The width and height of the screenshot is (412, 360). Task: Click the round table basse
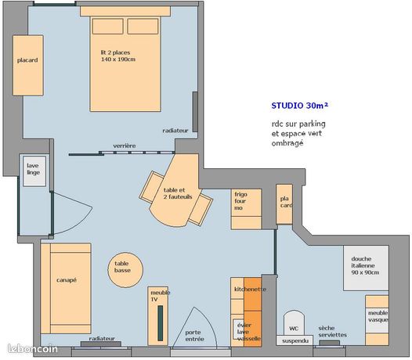click(x=125, y=270)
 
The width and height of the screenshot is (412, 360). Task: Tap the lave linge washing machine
click(x=34, y=171)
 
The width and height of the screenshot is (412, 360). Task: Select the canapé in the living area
click(x=66, y=288)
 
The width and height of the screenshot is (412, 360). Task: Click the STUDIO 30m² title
click(x=300, y=106)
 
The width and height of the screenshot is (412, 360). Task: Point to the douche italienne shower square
click(x=366, y=268)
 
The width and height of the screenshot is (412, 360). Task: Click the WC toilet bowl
click(x=294, y=323)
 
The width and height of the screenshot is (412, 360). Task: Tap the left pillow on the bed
click(x=108, y=26)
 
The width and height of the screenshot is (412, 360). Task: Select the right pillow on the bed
click(x=143, y=26)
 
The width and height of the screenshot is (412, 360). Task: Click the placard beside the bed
click(x=28, y=66)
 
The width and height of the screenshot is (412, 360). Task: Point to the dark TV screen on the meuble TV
click(x=160, y=323)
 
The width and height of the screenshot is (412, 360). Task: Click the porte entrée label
click(x=194, y=336)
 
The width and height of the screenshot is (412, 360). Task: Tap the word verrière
click(x=125, y=146)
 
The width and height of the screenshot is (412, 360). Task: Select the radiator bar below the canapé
click(x=101, y=344)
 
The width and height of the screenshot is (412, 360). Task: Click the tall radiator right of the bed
click(x=195, y=112)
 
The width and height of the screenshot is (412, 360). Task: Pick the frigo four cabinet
click(x=246, y=209)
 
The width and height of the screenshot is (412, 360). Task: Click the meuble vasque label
click(x=378, y=316)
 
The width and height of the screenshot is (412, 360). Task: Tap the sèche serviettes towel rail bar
click(x=329, y=343)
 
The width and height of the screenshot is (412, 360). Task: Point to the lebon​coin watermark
click(x=33, y=349)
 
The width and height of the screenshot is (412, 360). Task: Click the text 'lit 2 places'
click(x=115, y=52)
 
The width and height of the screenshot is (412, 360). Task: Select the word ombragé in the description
click(x=287, y=143)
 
